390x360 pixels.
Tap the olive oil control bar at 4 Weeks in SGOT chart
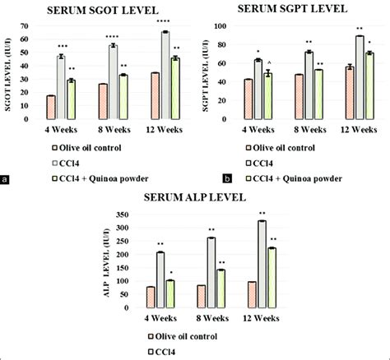click(x=51, y=108)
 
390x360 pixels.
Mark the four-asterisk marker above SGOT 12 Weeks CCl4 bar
click(x=165, y=21)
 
